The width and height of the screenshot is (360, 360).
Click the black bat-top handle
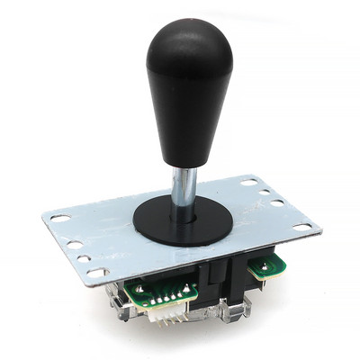[x=189, y=90]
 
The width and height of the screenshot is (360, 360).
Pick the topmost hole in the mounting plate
[x=246, y=184]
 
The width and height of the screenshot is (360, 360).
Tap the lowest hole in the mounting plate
[x=93, y=271]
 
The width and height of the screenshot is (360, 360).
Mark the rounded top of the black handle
[x=190, y=27]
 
